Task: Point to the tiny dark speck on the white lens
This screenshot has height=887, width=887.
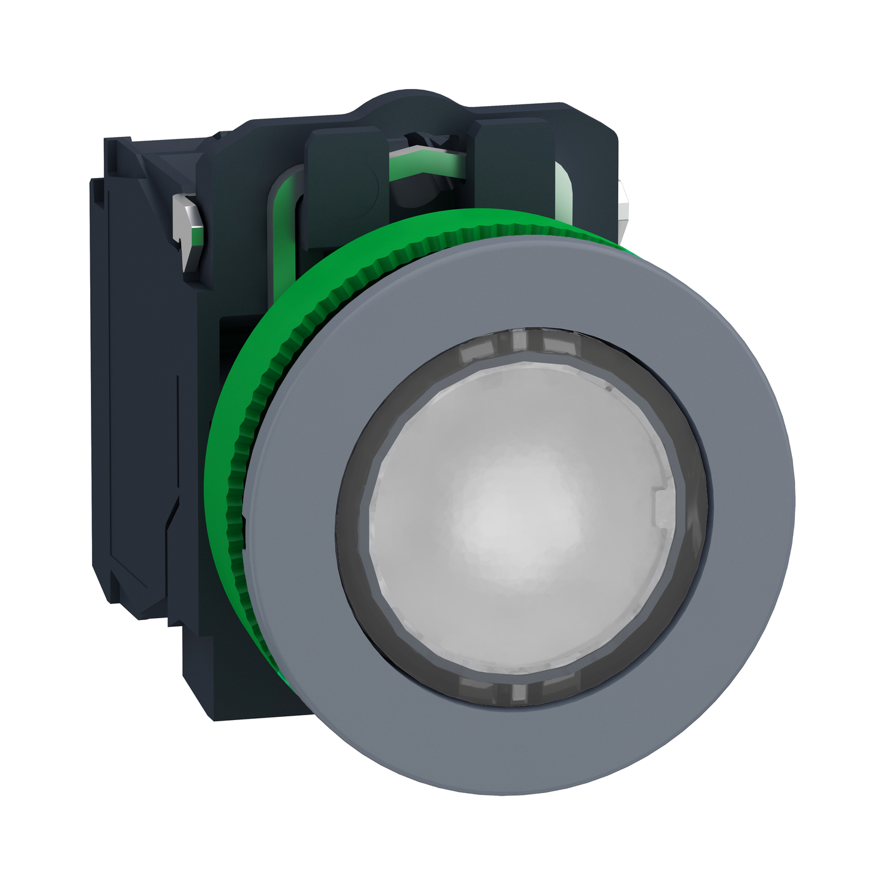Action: click(x=608, y=389)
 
